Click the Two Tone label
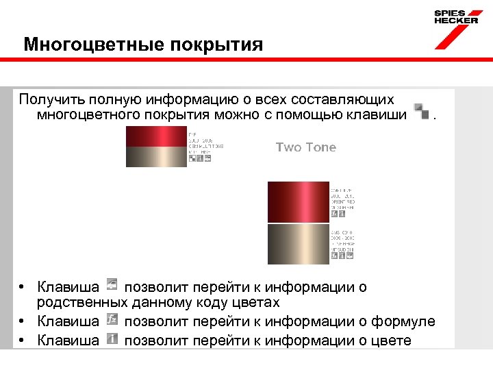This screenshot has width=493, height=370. click(x=306, y=147)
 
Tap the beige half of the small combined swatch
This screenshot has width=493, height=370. click(x=155, y=157)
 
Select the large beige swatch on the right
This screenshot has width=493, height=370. click(x=298, y=244)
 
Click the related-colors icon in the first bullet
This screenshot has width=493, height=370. click(x=112, y=284)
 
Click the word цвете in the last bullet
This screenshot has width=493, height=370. click(x=390, y=340)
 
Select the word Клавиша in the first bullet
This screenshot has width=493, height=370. click(x=68, y=286)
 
